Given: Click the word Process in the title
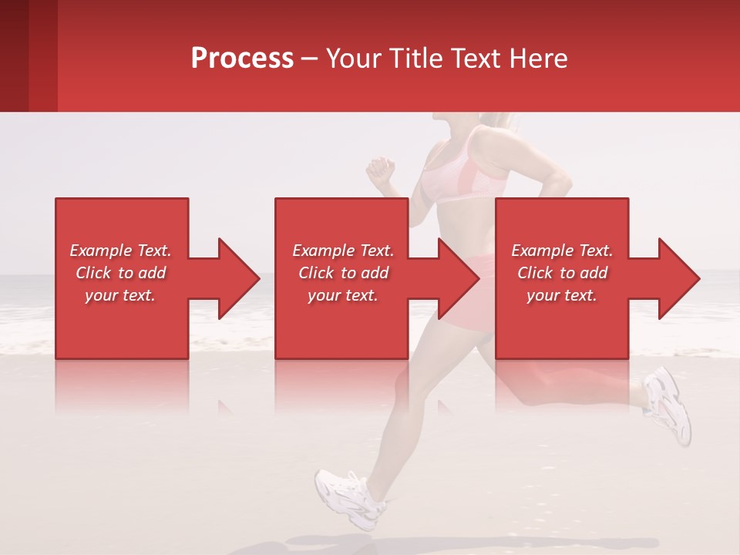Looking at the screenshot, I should click(242, 59).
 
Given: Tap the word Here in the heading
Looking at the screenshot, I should click(538, 59).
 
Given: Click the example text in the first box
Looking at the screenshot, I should click(120, 273).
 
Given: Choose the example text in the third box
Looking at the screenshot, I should click(562, 273).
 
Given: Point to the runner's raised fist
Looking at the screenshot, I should click(380, 169).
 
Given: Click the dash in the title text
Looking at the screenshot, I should click(309, 59).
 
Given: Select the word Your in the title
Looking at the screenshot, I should click(352, 59).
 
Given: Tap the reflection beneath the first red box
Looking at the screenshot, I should click(122, 385).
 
